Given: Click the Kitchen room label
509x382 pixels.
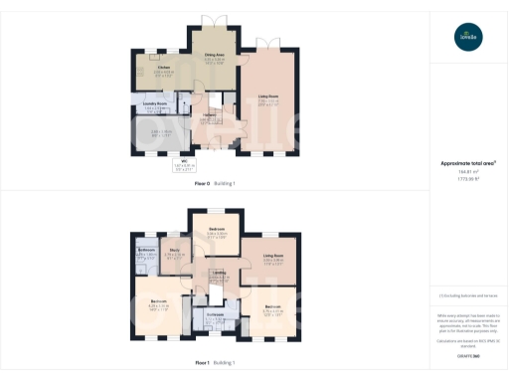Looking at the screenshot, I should click(164, 67).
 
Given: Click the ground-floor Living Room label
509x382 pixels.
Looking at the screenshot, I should click(268, 95).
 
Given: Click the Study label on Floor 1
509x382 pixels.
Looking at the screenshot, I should click(174, 250).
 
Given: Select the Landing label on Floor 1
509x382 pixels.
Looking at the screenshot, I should click(219, 272).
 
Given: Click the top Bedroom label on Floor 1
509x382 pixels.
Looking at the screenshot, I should click(217, 230).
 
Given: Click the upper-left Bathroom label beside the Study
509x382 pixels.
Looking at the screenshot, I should click(146, 250).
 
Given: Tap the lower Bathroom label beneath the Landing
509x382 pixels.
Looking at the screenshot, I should click(216, 314).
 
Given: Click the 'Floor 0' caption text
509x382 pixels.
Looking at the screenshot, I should click(202, 184).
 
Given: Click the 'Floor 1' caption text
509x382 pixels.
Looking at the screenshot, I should click(202, 363).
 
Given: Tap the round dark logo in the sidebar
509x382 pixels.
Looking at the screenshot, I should click(467, 38).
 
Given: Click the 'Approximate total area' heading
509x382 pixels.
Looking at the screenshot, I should click(467, 163).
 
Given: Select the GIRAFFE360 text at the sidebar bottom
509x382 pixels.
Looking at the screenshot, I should click(467, 355).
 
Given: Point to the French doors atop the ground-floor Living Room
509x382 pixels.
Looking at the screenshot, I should click(268, 46).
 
